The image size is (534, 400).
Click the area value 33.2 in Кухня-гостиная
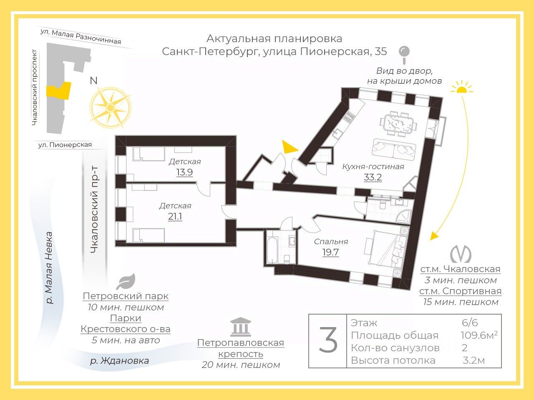click(373, 177)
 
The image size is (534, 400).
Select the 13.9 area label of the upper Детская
click(184, 172)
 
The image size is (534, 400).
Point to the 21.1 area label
click(175, 217)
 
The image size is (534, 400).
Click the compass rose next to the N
click(111, 107)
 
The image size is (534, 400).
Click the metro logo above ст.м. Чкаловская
click(461, 254)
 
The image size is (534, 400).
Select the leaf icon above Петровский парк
click(125, 282)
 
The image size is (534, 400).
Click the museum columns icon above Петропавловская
click(241, 327)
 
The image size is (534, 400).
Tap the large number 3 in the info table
click(328, 340)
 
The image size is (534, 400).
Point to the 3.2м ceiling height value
click(474, 360)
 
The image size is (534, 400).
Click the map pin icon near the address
click(404, 52)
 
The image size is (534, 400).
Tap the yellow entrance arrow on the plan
click(289, 147)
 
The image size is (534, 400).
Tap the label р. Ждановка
click(119, 361)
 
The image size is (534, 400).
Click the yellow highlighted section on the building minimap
click(58, 91)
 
